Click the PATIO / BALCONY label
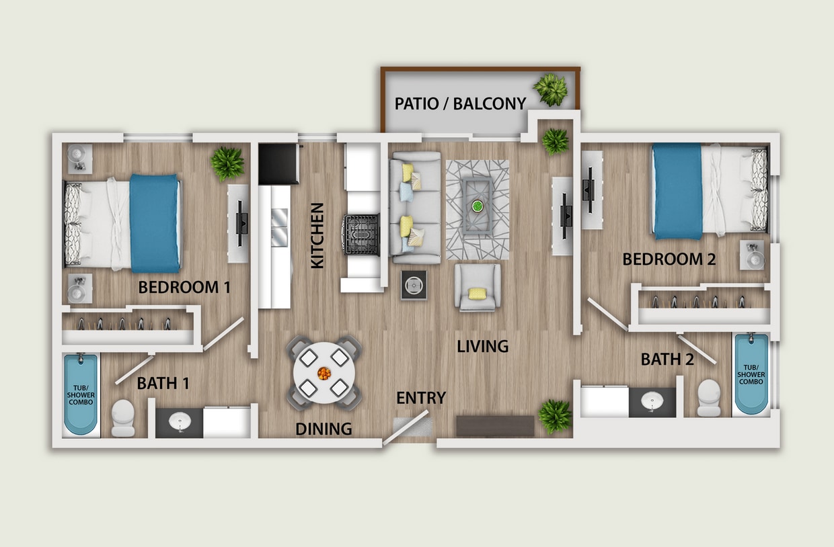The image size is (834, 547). tap(460, 103)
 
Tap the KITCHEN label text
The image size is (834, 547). tap(317, 236)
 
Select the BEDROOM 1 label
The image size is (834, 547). tap(184, 288)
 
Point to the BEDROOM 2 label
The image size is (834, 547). tap(669, 259)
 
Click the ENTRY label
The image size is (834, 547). tap(421, 398)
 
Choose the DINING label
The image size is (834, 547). tap(324, 429)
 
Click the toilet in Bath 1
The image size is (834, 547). tap(122, 417)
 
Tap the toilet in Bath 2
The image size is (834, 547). tap(709, 397)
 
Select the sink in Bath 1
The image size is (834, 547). tap(180, 422)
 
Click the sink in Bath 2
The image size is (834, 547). tap(652, 402)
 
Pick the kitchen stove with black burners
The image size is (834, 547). tap(361, 235)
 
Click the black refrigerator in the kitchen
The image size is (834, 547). tap(278, 164)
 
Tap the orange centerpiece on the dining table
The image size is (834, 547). tap(324, 372)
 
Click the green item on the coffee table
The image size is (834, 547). tap(478, 205)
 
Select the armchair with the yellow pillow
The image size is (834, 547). tap(478, 287)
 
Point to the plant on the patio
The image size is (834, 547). tap(551, 89)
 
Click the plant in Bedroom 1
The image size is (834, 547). tap(227, 163)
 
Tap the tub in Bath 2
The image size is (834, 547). tap(751, 374)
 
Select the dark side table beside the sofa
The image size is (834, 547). tap(413, 285)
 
